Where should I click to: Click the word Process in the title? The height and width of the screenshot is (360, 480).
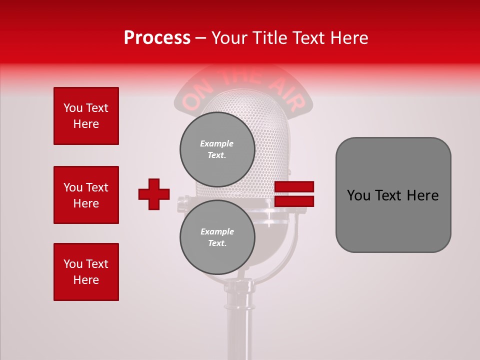click(157, 37)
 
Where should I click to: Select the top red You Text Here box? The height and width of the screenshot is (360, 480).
click(86, 116)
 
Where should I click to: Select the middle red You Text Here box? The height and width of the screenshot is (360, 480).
click(86, 195)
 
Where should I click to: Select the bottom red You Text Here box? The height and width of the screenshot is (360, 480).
click(86, 271)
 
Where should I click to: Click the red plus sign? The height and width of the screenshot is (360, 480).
click(154, 194)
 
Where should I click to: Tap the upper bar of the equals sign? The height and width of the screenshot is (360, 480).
click(294, 186)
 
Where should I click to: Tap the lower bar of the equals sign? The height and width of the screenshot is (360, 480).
click(294, 201)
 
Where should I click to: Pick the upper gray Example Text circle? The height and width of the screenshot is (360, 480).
click(217, 149)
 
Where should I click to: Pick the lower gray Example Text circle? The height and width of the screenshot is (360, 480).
click(217, 237)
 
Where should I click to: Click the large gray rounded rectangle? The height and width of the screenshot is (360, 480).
click(393, 220)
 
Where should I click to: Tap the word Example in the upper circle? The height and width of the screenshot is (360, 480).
click(217, 143)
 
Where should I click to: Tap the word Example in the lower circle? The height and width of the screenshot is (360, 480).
click(217, 231)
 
